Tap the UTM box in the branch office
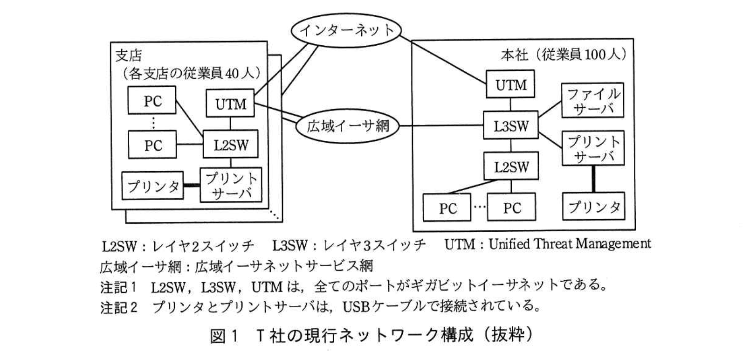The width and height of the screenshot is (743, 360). pos(231,103)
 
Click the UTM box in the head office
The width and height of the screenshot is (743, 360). pos(511,84)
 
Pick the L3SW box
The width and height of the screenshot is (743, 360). pos(511,125)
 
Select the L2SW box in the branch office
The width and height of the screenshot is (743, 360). pos(231,145)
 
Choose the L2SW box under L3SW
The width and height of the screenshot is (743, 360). pos(511,166)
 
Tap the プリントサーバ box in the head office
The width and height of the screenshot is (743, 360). pos(592,149)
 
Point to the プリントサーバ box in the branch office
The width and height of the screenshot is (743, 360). pos(231,185)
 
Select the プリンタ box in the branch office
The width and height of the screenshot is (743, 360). pos(152,186)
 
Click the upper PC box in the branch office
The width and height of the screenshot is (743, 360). pos(152,100)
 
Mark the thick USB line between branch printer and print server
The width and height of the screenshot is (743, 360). pos(192,186)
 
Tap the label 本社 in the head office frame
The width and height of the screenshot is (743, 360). pos(514,55)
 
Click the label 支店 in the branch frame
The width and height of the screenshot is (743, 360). pos(128,56)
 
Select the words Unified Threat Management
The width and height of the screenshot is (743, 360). pos(569,244)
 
